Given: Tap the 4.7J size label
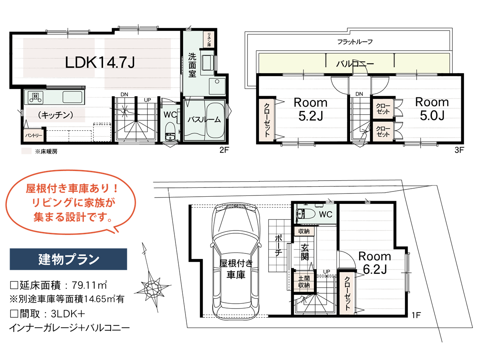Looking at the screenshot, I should coord(121,63).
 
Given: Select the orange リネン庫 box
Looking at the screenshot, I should coord(209,39).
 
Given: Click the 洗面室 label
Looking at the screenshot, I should coord(192,65).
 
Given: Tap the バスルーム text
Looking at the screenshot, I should coord(204,119).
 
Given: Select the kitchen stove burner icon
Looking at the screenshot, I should coord(35,96).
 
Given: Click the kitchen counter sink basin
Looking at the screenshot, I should coord(72,97).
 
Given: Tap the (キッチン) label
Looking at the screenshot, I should coord(55,115).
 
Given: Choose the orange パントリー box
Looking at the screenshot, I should coord(33,136).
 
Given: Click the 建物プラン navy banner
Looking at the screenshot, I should coord(68,259).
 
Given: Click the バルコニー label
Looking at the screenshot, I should coord(355,64).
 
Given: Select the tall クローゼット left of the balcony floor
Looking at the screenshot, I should coord(266,120).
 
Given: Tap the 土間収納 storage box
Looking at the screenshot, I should coord(304,282).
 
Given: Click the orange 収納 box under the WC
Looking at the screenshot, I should coord(304,231).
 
